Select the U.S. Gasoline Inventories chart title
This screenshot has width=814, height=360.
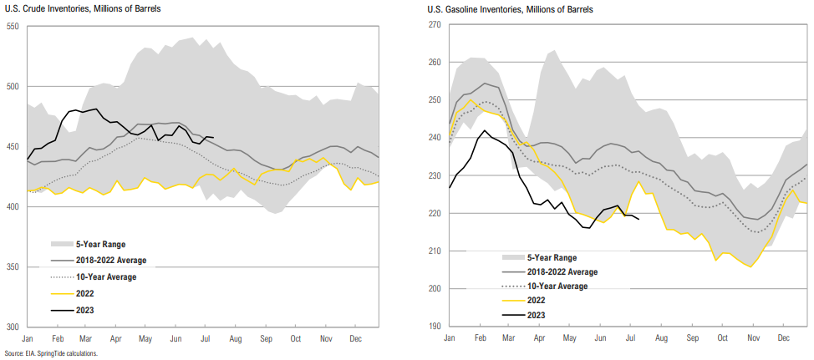click(x=492, y=8)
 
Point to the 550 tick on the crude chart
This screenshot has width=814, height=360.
click(x=13, y=27)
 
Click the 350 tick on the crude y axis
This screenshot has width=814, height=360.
click(x=13, y=266)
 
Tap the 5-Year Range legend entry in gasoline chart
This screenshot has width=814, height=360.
click(x=552, y=257)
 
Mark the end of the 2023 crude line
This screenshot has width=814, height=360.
click(x=214, y=138)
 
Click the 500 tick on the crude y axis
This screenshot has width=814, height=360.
click(x=13, y=87)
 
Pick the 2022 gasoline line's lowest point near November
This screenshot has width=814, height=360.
click(x=750, y=266)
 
